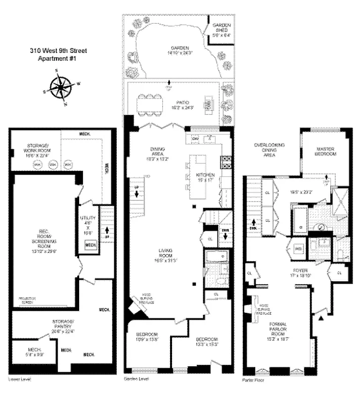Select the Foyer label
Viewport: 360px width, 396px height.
tap(298, 274)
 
